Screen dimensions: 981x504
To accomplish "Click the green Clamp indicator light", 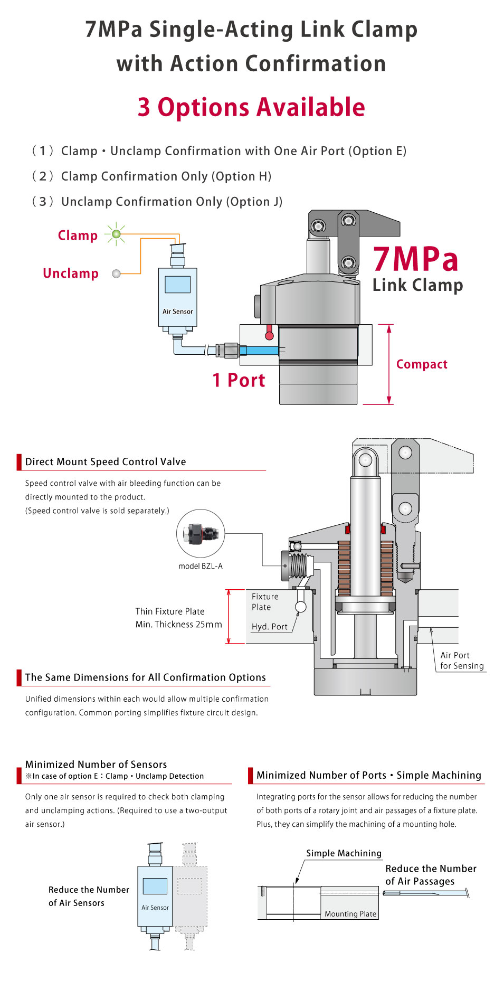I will point(117,234).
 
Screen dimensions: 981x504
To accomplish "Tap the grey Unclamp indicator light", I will point(117,273).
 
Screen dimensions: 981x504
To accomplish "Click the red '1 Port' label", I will point(239,380).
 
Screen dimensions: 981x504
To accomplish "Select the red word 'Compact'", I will point(422,364).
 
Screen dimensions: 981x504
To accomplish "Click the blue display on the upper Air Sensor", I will point(177,285).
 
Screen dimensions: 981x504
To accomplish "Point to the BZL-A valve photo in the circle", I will point(200,534).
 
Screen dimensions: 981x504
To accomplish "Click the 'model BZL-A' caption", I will point(201,566).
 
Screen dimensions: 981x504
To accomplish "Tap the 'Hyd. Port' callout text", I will point(269,627).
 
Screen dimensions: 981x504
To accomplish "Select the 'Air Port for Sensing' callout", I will point(461,661).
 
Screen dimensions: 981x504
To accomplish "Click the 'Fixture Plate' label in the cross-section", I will point(265,602).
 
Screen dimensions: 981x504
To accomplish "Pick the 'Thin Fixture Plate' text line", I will point(170,611).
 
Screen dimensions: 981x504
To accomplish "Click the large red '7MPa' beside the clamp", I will point(416,259).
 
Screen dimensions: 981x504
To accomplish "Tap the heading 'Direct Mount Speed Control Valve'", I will point(106,461).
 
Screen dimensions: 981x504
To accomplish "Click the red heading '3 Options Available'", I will point(251,107).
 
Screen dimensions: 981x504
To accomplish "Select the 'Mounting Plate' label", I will point(350,914).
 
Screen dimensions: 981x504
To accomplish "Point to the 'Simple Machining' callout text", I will point(344,853).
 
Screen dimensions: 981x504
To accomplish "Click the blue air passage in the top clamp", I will point(262,350).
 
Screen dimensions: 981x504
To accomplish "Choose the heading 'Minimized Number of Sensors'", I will point(96,765).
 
